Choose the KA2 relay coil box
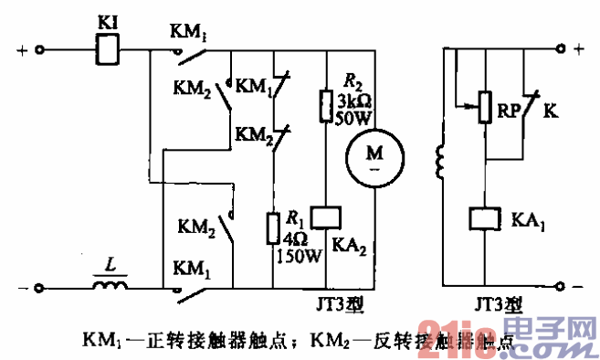click(x=326, y=216)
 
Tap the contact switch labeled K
click(x=528, y=103)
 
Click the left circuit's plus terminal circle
click(x=40, y=52)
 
